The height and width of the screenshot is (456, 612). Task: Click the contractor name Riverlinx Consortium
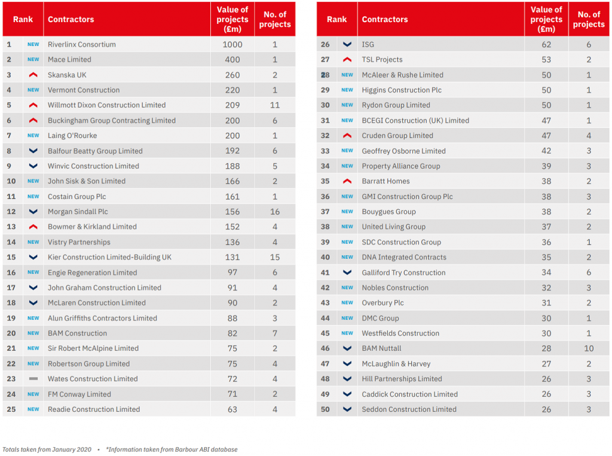[82, 44]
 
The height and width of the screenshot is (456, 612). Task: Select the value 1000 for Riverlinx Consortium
[232, 44]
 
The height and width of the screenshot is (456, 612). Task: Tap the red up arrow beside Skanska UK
[33, 75]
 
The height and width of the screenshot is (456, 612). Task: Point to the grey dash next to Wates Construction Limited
[33, 379]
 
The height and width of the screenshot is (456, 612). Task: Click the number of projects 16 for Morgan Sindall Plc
[275, 212]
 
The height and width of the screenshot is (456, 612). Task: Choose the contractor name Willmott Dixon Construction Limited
[107, 105]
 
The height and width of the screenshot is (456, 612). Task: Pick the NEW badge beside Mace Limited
[33, 60]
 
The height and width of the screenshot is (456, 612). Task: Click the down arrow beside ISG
[347, 44]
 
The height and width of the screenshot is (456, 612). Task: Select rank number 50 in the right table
[325, 409]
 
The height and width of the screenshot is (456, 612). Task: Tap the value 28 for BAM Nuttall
[546, 348]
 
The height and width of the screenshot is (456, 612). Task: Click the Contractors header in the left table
[71, 19]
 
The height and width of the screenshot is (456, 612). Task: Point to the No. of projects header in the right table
[589, 19]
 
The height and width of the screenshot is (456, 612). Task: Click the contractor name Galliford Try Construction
[403, 273]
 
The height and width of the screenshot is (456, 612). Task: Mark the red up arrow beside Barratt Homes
[347, 181]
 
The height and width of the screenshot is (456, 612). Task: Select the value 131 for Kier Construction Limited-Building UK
[232, 258]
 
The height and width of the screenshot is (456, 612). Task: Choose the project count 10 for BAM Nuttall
[589, 348]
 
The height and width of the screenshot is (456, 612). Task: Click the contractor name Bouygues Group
[388, 212]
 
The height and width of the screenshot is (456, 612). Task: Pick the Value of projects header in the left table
[232, 19]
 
